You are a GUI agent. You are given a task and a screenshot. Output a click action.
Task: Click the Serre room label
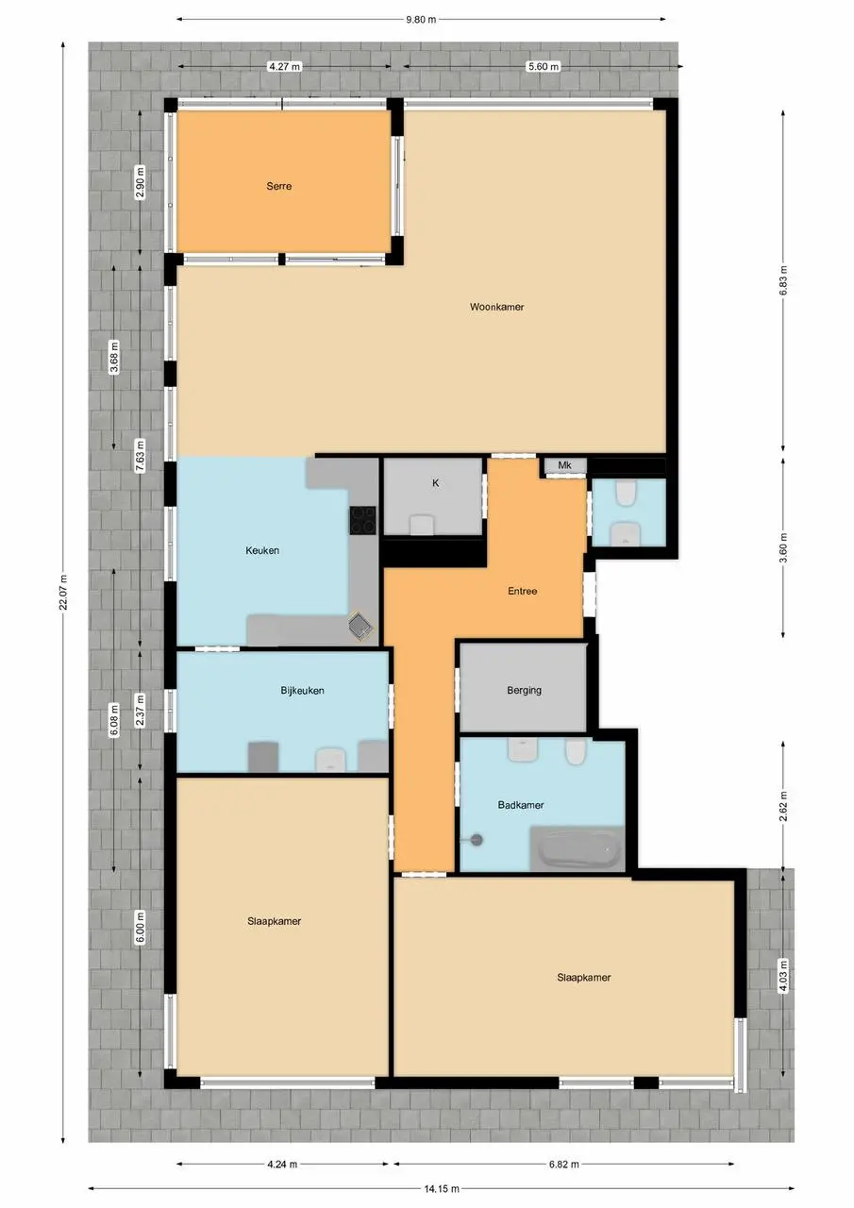pos(278,186)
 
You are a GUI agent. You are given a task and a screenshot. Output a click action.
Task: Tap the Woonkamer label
pos(496,307)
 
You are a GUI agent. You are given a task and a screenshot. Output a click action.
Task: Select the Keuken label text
pos(262,550)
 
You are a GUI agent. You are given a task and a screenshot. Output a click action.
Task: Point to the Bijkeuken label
pos(302,690)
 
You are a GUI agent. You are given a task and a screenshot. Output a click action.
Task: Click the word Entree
pos(522,591)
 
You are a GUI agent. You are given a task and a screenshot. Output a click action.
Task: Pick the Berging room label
pos(524,690)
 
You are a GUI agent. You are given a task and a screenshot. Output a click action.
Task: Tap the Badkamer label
pos(520,805)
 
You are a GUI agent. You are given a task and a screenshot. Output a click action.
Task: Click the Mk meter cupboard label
pos(564,465)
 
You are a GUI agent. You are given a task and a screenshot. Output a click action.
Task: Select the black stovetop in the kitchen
pos(363,520)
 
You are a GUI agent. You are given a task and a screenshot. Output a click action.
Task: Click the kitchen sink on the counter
pos(361,626)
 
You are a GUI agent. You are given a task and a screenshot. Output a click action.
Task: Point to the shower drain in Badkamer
pos(477,840)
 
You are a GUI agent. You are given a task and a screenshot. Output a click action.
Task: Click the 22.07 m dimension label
pos(63,592)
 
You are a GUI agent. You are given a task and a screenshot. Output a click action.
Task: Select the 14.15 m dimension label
pos(442,1188)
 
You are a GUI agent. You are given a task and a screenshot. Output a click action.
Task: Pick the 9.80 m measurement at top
pos(421,20)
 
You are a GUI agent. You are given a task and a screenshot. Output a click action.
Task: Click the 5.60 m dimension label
pos(544,67)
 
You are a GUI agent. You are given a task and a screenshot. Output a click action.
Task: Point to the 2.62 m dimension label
pos(783,806)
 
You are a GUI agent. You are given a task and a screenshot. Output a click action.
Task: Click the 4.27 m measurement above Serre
pos(285,67)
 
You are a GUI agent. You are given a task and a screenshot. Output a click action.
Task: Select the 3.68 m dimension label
pos(114,357)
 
